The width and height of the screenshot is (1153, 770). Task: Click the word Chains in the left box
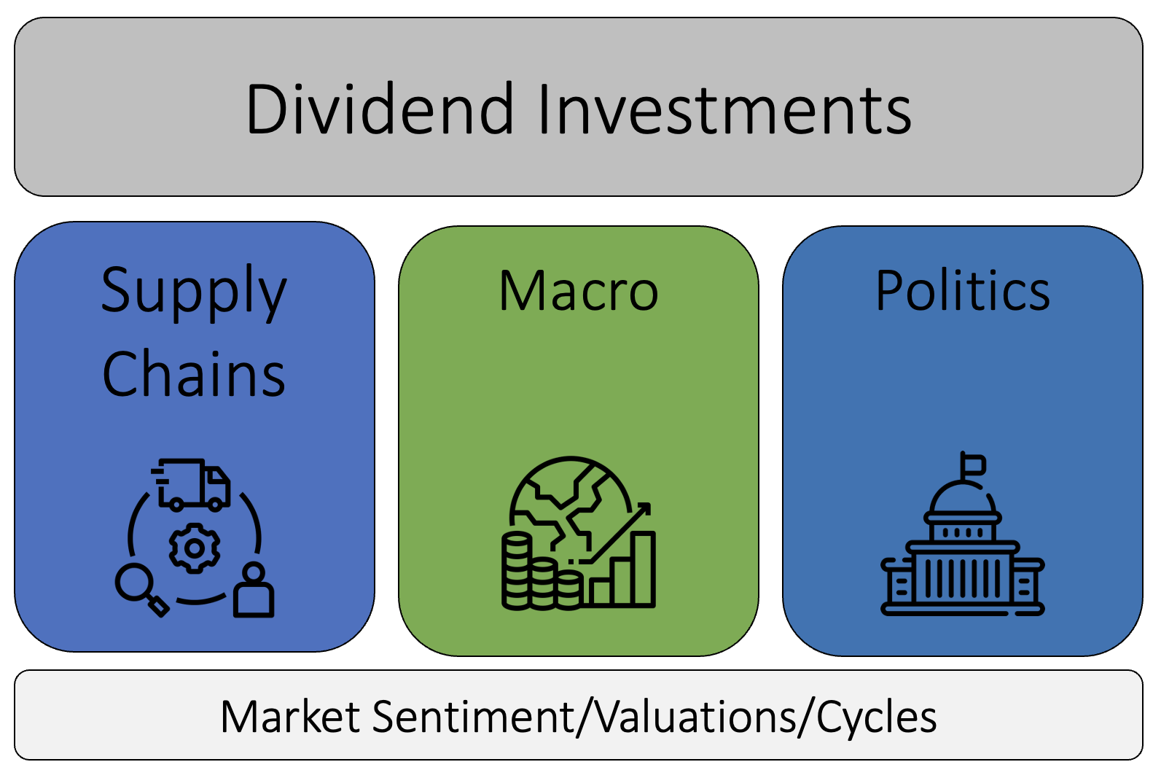coord(194,374)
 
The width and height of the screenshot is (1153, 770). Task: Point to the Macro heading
coord(578,291)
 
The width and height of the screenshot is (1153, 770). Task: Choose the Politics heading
coord(962,291)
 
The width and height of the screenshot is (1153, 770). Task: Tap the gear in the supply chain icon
coord(194,548)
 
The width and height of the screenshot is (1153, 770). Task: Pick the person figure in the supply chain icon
coord(254,591)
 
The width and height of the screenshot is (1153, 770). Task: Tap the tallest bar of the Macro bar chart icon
coord(643,569)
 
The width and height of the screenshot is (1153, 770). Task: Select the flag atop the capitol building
coord(972,464)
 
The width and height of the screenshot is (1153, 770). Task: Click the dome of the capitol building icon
coord(962,499)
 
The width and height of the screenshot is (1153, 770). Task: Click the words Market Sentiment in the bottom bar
coord(397,717)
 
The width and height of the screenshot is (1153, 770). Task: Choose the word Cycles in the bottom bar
coord(876,717)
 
